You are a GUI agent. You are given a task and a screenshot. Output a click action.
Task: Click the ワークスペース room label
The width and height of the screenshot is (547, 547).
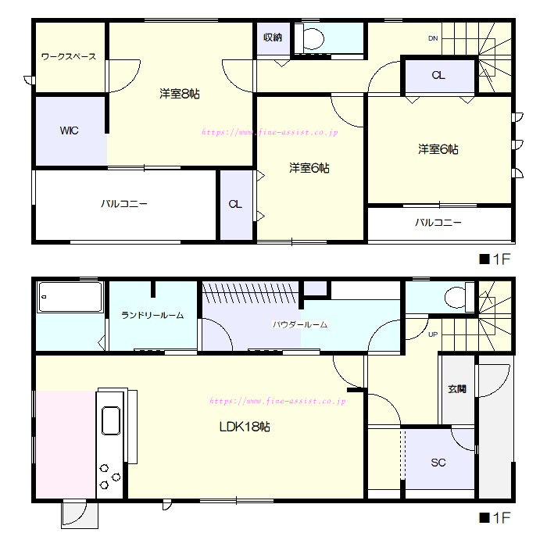[69, 56]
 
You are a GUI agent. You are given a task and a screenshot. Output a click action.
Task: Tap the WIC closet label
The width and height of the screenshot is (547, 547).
[69, 130]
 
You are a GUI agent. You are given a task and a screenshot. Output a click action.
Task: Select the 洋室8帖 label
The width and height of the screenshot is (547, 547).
[180, 94]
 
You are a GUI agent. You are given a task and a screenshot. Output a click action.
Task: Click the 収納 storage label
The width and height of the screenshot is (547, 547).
[273, 38]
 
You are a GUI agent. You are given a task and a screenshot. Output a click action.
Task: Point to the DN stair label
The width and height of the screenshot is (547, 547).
[433, 38]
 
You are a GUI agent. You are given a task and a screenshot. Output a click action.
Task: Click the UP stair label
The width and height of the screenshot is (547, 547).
[433, 334]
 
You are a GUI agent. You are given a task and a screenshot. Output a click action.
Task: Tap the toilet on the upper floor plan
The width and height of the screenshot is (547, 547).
[310, 39]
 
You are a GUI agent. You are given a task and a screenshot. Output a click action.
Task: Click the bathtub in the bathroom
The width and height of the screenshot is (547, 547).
[71, 297]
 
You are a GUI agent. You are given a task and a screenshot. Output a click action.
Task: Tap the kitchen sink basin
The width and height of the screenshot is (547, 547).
[111, 420]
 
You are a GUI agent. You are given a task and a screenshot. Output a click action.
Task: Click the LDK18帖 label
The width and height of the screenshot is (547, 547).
[245, 427]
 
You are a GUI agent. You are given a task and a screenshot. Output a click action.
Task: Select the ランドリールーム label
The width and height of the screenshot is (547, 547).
[152, 316]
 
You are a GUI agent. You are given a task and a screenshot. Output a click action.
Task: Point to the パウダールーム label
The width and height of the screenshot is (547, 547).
[300, 325]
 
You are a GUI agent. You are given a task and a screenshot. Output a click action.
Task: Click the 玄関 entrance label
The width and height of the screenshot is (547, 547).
[457, 389]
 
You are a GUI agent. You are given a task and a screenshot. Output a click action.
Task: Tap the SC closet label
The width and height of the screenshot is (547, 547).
[438, 463]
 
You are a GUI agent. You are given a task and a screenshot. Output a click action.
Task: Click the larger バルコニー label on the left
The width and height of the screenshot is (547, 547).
[124, 204]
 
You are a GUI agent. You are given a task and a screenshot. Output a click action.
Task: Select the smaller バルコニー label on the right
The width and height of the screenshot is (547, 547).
[438, 222]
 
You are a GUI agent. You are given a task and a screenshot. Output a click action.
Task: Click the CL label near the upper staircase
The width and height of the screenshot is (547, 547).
[438, 75]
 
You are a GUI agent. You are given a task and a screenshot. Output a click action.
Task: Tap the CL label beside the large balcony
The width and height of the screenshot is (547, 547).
[235, 204]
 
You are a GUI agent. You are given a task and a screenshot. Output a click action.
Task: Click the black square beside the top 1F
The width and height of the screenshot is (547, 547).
[484, 259]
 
